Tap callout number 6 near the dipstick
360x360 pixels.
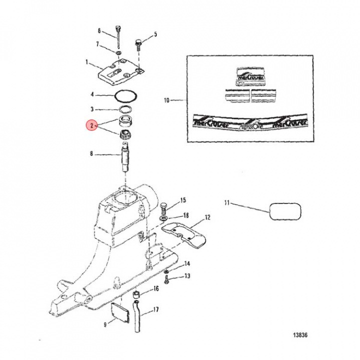(x=99, y=30)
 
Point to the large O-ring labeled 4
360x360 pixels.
(x=125, y=94)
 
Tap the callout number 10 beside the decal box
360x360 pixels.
(x=166, y=100)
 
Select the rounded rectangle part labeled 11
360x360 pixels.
(x=286, y=211)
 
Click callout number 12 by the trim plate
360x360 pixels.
(x=207, y=217)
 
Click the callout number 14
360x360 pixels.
(x=187, y=263)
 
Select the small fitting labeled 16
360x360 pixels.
(x=137, y=292)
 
